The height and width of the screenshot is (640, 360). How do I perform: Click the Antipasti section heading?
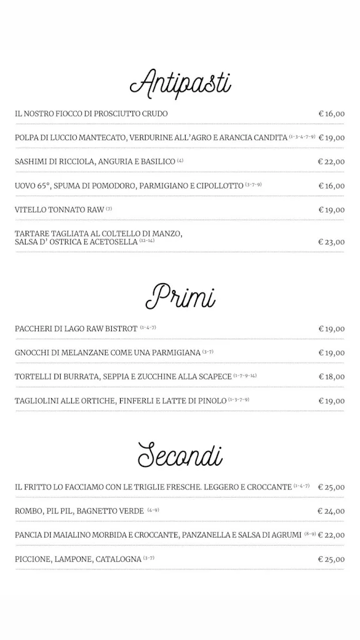click(180, 83)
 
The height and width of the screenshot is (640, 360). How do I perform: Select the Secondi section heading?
click(180, 454)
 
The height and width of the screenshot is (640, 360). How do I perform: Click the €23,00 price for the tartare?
click(331, 242)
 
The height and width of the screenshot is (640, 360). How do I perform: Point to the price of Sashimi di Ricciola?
click(331, 161)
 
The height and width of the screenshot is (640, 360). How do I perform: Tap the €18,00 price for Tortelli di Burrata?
click(331, 377)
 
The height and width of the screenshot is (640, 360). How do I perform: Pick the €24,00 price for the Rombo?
click(331, 511)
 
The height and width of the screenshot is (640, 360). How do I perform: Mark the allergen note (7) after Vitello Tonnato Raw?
click(109, 208)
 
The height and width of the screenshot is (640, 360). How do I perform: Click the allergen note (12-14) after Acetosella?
click(147, 240)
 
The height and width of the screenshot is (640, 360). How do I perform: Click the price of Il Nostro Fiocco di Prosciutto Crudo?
click(331, 114)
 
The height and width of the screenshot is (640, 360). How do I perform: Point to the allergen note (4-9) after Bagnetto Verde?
click(153, 510)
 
